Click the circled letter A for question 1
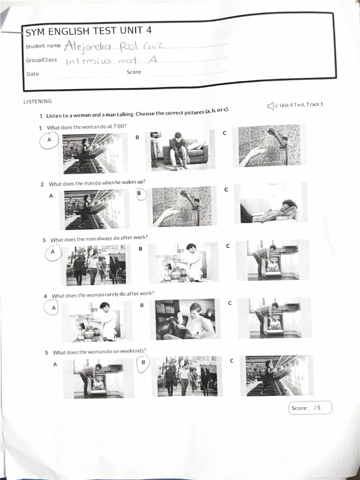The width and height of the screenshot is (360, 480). tap(49, 140)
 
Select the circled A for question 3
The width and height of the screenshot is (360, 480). tap(52, 252)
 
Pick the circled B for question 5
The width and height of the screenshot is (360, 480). tap(143, 362)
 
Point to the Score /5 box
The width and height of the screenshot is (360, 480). tap(310, 408)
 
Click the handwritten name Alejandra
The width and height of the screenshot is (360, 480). tap(87, 46)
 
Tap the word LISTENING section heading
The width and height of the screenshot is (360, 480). tap(37, 101)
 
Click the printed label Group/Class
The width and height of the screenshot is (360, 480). tap(41, 60)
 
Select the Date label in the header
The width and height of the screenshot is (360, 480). tap(33, 74)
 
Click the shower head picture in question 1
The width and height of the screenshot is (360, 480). tap(269, 146)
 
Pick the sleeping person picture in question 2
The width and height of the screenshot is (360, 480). tap(270, 202)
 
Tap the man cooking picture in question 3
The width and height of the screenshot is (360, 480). tap(184, 262)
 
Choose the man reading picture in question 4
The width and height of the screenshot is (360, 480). tap(185, 319)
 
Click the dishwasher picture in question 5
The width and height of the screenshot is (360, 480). tap(98, 379)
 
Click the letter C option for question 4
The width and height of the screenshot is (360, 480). tap(230, 303)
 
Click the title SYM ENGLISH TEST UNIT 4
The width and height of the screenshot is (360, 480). tap(89, 31)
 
